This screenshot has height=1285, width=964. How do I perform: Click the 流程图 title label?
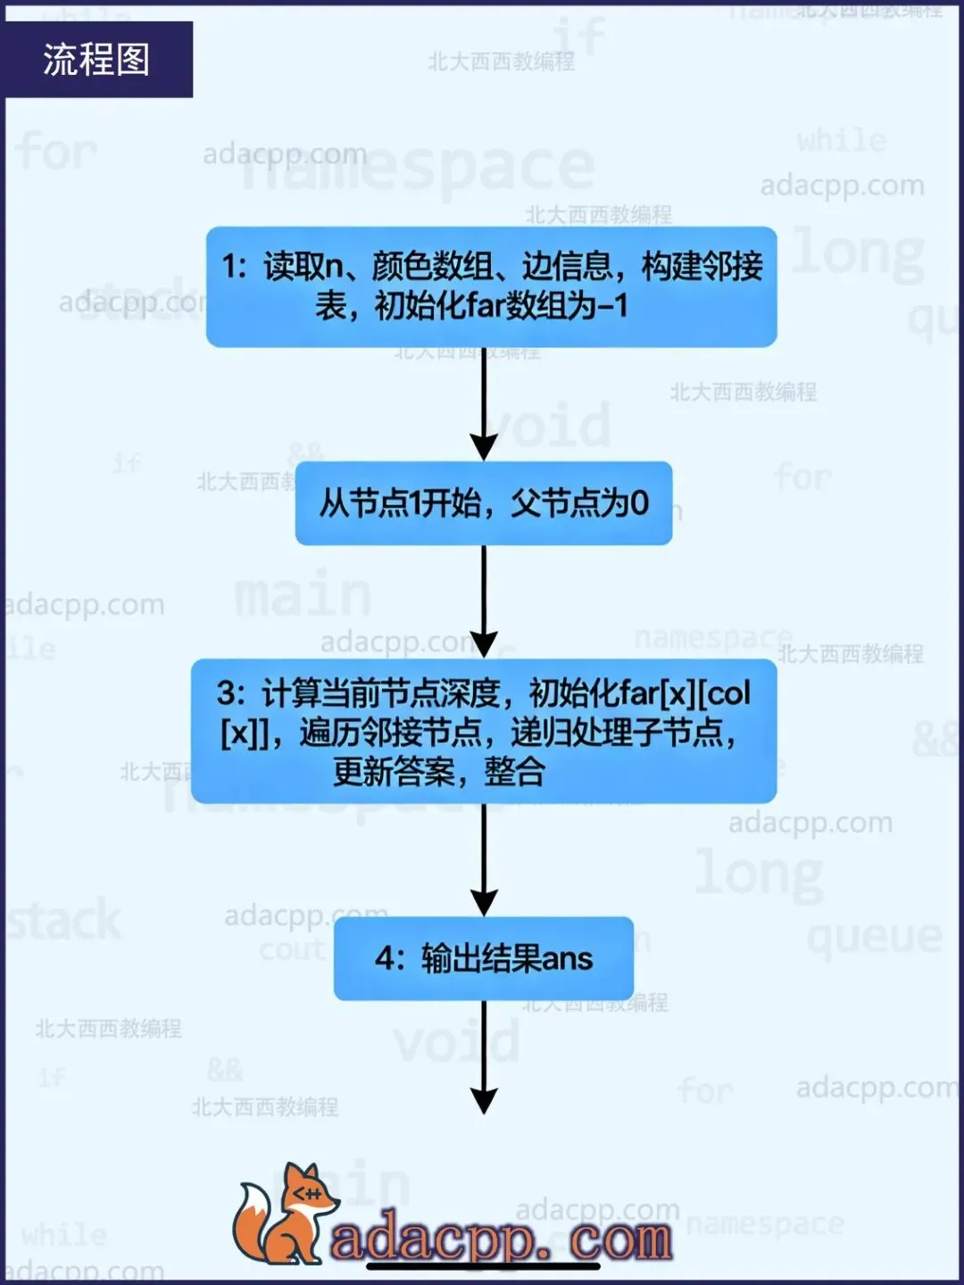(x=96, y=60)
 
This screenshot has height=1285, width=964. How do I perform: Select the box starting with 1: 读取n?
(x=491, y=286)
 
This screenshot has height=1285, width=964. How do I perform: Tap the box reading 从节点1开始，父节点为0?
(x=484, y=503)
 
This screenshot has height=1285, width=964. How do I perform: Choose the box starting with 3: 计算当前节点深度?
(x=484, y=731)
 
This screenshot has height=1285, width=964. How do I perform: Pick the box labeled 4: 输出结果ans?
(x=484, y=958)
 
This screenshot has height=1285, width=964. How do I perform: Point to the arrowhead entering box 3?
(x=484, y=644)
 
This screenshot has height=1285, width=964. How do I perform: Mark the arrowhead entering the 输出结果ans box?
(x=484, y=903)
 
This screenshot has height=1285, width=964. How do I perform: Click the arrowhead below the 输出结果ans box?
(x=484, y=1101)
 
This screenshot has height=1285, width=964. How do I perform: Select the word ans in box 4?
(x=567, y=959)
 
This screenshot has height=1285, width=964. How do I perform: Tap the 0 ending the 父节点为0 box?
(x=639, y=503)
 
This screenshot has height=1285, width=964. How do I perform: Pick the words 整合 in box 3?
(x=514, y=771)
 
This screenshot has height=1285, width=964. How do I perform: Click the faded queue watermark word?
(x=875, y=937)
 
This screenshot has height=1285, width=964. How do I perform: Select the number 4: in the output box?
(x=389, y=959)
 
